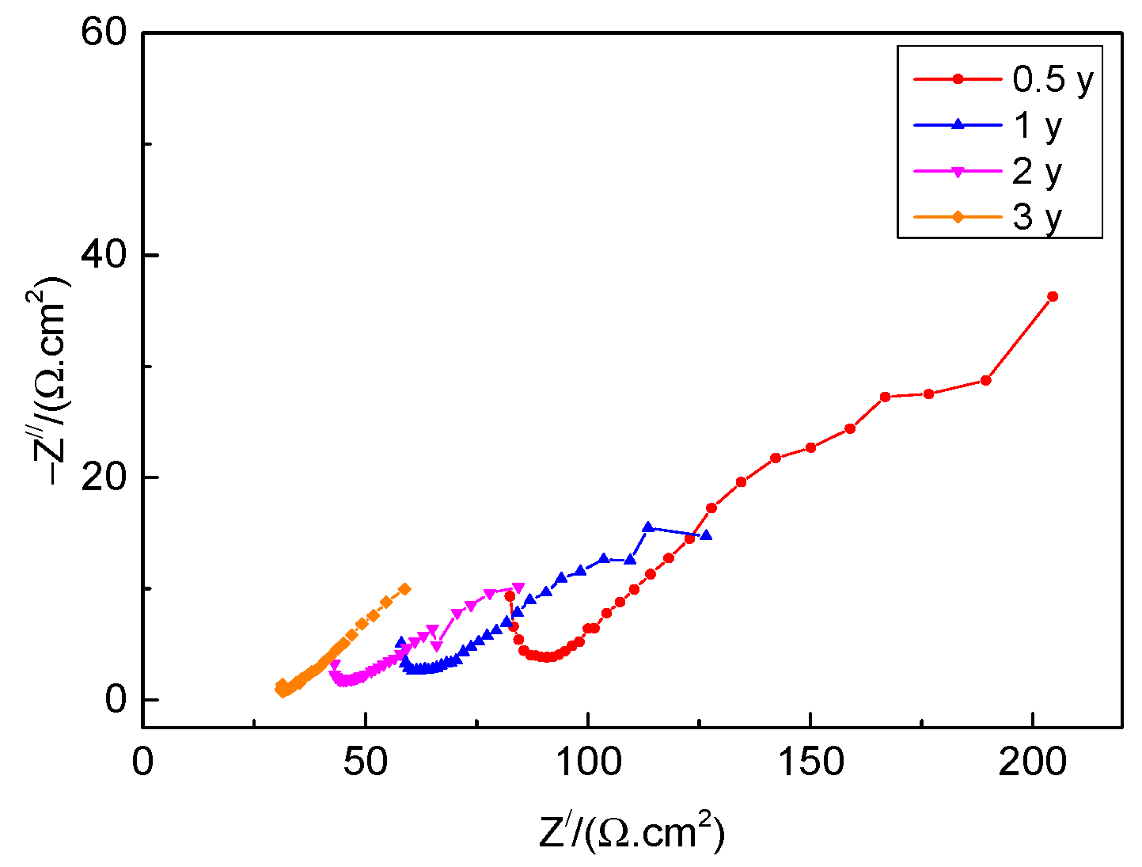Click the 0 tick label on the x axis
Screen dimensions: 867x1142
(x=142, y=762)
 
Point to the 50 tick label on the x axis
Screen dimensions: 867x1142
(x=365, y=762)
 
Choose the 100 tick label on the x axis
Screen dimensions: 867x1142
(x=587, y=762)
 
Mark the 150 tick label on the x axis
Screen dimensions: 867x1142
(x=810, y=762)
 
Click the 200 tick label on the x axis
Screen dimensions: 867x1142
(x=1033, y=762)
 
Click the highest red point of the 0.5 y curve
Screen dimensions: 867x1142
(x=1053, y=296)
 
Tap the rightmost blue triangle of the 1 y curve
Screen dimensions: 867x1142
(x=706, y=535)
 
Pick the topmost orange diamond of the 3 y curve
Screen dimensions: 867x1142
(x=404, y=589)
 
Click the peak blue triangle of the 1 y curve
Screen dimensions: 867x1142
(x=647, y=527)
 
